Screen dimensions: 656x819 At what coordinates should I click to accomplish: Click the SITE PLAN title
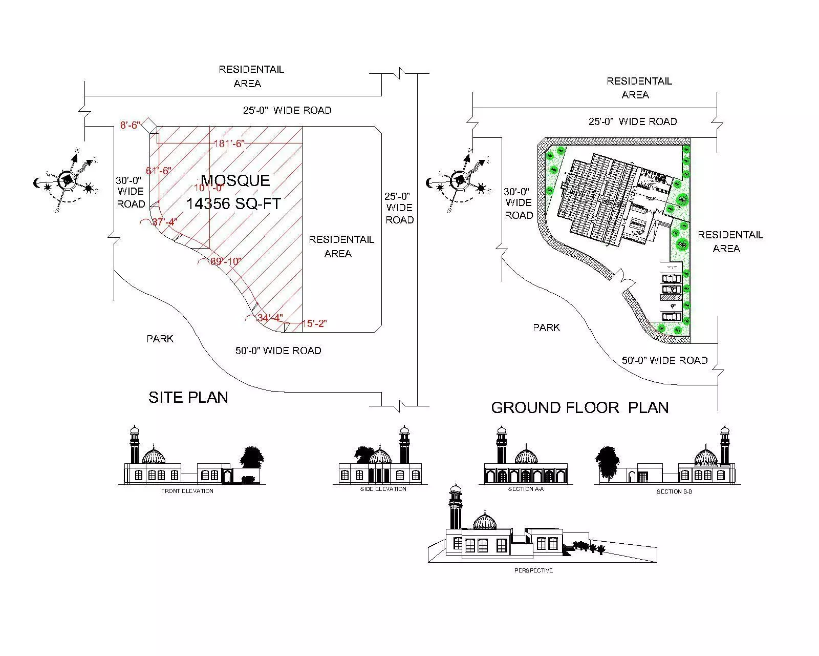click(x=188, y=397)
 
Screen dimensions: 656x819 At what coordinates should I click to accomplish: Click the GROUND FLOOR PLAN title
click(x=579, y=407)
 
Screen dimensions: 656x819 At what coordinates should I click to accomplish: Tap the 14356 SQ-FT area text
click(x=233, y=204)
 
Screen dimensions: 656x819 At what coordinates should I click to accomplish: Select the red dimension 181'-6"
click(x=229, y=144)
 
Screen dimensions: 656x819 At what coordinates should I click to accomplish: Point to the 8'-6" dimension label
click(x=130, y=125)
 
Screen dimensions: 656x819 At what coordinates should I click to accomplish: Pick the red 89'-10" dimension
click(x=226, y=261)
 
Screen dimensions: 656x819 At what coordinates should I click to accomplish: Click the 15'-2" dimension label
click(x=314, y=323)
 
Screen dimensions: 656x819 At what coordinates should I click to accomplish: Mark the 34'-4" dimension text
click(x=269, y=318)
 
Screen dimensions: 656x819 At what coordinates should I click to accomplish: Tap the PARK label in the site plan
click(x=160, y=339)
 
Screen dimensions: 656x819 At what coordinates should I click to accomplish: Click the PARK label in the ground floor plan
click(x=546, y=327)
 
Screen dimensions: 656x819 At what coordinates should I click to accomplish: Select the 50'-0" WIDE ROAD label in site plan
click(x=278, y=351)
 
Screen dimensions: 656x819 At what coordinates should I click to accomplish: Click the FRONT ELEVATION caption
click(x=187, y=491)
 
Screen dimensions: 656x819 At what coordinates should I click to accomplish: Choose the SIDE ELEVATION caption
click(x=383, y=489)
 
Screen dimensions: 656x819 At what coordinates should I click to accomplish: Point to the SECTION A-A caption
click(x=526, y=489)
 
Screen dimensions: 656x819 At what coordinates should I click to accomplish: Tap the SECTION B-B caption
click(x=674, y=491)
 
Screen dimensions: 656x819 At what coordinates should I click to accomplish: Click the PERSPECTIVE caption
click(x=533, y=570)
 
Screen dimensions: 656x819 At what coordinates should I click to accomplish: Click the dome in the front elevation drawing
click(x=154, y=456)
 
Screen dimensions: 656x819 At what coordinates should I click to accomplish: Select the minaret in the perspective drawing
click(x=455, y=507)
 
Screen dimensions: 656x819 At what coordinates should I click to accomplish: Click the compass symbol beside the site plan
click(x=67, y=179)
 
